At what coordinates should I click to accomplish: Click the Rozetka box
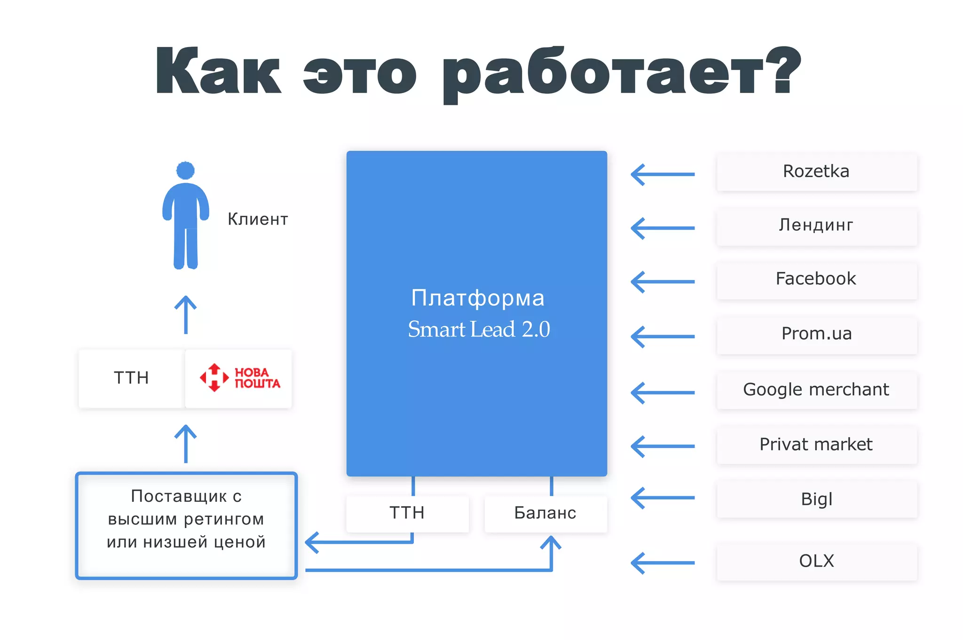816,172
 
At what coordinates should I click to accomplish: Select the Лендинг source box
816,226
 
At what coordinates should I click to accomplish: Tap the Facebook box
816,279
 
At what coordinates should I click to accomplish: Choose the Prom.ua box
816,334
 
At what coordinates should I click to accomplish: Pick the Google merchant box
816,390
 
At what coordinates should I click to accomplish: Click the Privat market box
816,445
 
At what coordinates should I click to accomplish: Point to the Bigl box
816,499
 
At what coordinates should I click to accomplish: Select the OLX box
816,561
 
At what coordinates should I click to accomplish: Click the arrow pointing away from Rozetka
662,174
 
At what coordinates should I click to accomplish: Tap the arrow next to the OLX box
662,563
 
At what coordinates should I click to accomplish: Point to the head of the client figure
185,170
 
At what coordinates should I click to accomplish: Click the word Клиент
258,219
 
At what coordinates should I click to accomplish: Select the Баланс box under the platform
545,513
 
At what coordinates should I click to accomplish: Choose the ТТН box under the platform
407,513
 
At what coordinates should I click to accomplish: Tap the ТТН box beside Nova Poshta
132,378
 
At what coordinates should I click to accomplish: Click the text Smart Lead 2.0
479,329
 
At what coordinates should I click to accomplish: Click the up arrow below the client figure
186,314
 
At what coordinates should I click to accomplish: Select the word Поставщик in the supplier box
179,496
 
